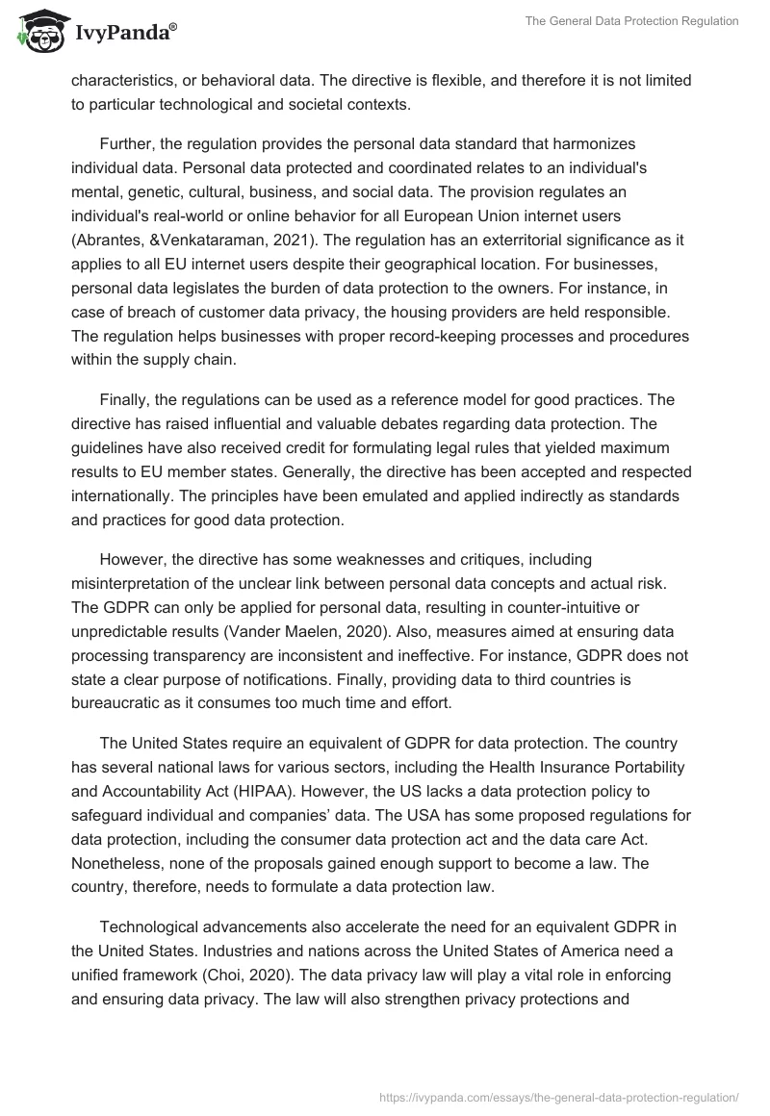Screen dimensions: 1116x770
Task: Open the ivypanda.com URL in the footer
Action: click(x=559, y=1096)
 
